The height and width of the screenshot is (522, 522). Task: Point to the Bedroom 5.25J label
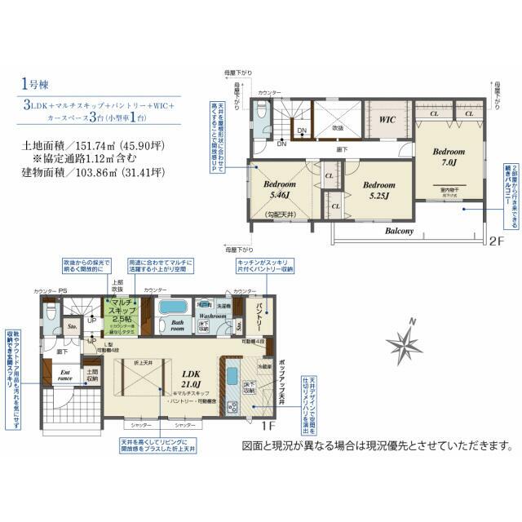coord(379,191)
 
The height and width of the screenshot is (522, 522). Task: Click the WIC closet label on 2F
coord(387,120)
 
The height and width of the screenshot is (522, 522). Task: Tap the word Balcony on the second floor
coord(400,231)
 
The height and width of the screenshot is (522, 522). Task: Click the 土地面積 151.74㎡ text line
coord(94,145)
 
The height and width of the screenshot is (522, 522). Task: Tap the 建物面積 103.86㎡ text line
coord(94,173)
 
